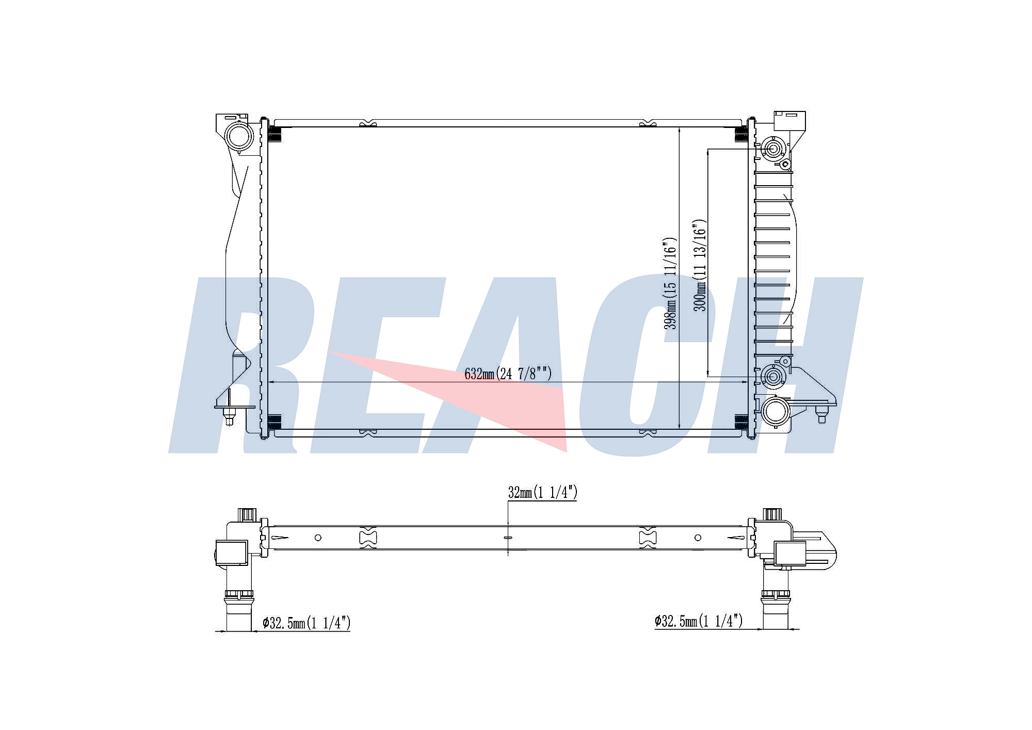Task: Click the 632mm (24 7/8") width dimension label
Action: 508,374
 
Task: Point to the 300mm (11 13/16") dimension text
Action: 700,265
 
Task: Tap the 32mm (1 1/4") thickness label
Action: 542,493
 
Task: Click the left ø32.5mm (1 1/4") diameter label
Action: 307,623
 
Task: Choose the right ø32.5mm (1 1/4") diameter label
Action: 699,621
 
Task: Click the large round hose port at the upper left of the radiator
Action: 240,136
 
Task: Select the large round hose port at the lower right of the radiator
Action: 775,411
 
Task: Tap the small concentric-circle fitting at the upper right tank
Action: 773,150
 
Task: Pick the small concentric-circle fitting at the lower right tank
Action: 772,377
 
